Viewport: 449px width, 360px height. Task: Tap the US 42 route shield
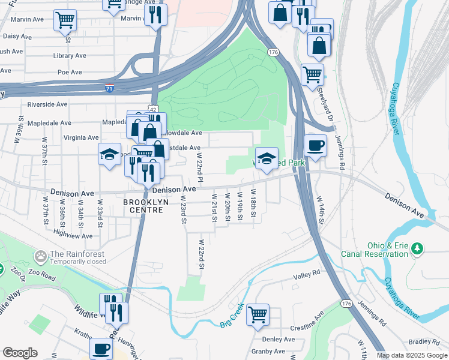point(154,109)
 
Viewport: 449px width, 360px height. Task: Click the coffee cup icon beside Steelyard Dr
point(315,145)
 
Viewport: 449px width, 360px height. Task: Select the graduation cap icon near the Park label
point(267,158)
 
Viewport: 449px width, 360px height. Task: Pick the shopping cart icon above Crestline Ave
point(258,314)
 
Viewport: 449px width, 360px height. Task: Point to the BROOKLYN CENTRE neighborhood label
point(143,206)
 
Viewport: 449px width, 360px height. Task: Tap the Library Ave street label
point(69,56)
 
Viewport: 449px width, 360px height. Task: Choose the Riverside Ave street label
point(47,104)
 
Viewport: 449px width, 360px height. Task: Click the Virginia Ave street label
point(81,137)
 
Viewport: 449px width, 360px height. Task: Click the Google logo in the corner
point(20,353)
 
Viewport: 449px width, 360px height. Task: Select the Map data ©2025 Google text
point(411,355)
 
